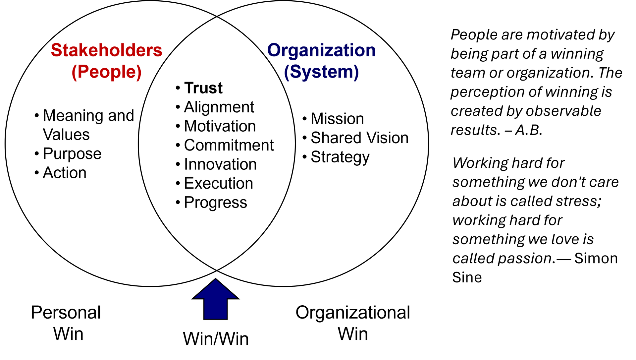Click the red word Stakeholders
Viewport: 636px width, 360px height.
(x=106, y=50)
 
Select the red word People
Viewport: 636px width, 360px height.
(x=107, y=72)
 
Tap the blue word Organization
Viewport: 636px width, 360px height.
(x=321, y=50)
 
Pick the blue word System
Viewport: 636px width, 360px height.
(x=321, y=72)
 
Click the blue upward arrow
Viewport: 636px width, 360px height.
(x=215, y=300)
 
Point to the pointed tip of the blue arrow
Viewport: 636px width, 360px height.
(x=215, y=280)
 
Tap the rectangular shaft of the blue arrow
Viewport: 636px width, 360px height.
(x=215, y=308)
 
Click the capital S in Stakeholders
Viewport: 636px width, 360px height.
(x=56, y=50)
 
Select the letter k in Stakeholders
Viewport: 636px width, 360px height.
(x=82, y=50)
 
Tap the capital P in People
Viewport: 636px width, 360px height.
(x=83, y=72)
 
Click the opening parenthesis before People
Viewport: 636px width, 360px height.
(x=74, y=72)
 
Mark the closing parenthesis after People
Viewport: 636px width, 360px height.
(x=139, y=72)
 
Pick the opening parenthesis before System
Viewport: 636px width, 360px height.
(x=287, y=72)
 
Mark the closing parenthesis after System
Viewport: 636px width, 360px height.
(x=356, y=72)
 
